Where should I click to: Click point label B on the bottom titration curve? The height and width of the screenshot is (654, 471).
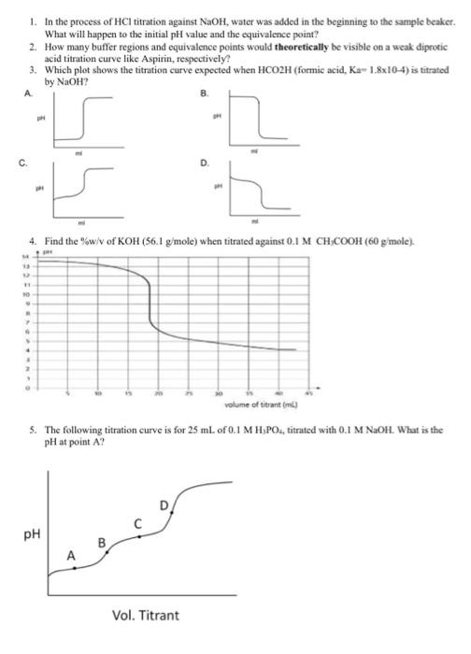104,541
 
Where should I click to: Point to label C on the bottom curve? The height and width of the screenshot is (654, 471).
138,523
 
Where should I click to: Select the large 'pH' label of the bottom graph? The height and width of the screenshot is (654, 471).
34,534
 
